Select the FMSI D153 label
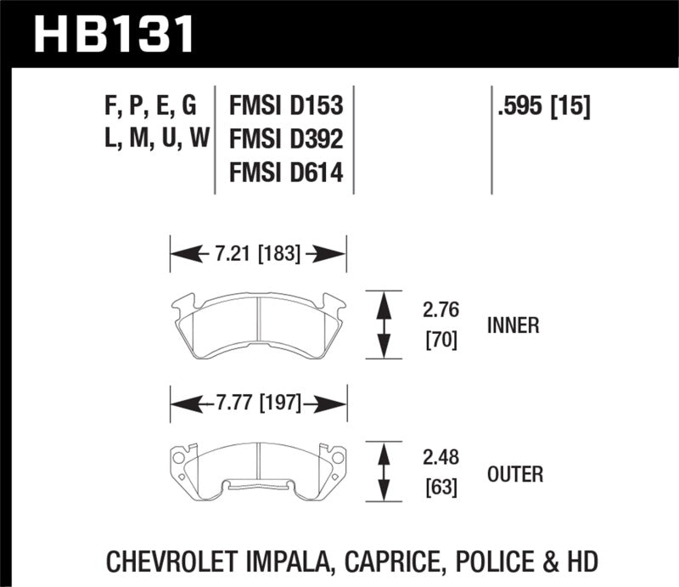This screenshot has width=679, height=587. pyautogui.click(x=286, y=106)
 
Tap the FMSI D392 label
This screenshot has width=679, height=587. pyautogui.click(x=286, y=139)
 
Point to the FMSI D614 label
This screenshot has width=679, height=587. pyautogui.click(x=286, y=173)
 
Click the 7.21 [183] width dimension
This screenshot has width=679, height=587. pyautogui.click(x=259, y=253)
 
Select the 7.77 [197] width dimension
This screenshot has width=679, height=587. pyautogui.click(x=259, y=404)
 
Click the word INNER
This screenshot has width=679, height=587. pyautogui.click(x=513, y=325)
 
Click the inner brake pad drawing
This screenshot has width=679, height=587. pyautogui.click(x=258, y=322)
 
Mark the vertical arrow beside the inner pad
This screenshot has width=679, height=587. pyautogui.click(x=383, y=324)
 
